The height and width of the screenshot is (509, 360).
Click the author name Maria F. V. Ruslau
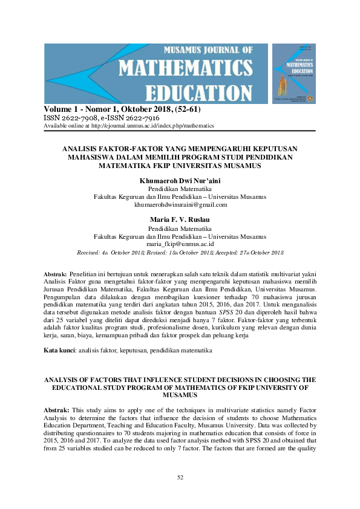(180, 219)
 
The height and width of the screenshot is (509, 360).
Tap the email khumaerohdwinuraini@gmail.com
(180, 204)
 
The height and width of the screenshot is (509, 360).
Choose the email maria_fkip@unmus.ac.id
(180, 244)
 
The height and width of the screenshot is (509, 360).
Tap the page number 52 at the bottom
(180, 478)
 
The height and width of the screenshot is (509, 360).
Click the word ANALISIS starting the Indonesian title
(84, 147)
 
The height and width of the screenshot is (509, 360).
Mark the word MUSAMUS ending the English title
(180, 394)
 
